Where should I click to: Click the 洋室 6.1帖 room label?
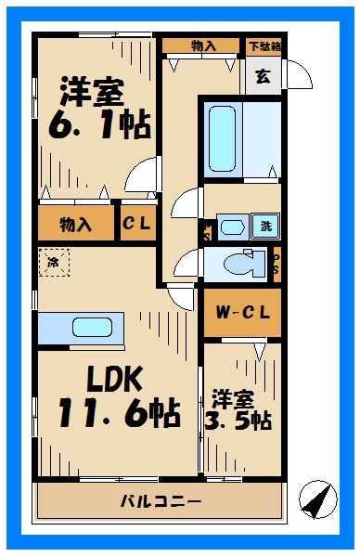tap(100, 108)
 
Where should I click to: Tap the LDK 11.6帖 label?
tap(119, 396)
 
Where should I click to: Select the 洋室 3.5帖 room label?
tap(238, 409)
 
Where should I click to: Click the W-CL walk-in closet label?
tap(243, 313)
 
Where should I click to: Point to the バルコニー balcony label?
tap(161, 502)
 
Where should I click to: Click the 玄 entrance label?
tap(264, 76)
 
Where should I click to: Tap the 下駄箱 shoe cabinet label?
tap(264, 46)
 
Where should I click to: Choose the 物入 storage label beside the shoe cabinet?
tap(203, 45)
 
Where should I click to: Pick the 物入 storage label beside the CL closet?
tap(76, 224)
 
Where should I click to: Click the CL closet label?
tap(136, 224)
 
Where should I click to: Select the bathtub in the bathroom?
tap(223, 139)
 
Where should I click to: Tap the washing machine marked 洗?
tap(265, 226)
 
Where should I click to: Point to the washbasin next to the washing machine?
tap(233, 227)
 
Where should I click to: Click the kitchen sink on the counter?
tap(92, 328)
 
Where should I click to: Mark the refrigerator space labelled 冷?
tap(54, 262)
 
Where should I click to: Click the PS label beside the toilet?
tap(276, 265)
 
